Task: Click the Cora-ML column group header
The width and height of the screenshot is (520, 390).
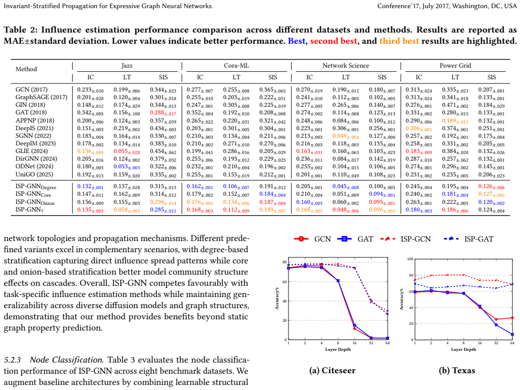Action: click(236, 66)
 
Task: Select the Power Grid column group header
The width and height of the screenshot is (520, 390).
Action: click(455, 66)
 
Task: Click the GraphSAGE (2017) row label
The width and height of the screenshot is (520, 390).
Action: click(41, 97)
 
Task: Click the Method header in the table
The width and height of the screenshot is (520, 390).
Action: click(26, 69)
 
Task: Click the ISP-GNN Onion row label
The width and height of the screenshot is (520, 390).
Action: click(35, 202)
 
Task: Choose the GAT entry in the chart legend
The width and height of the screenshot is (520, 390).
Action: click(355, 239)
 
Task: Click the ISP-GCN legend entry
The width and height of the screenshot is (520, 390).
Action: click(406, 239)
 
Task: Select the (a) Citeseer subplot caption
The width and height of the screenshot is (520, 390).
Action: click(332, 371)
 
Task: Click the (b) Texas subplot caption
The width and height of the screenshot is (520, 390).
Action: click(457, 371)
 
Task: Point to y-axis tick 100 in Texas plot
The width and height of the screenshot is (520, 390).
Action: click(410, 259)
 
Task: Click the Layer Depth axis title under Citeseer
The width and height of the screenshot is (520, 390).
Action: click(338, 349)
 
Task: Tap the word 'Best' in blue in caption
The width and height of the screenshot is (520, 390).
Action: click(297, 41)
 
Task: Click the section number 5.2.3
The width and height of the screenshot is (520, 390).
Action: click(12, 360)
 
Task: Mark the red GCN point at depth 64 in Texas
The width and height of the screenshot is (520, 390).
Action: click(512, 318)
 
